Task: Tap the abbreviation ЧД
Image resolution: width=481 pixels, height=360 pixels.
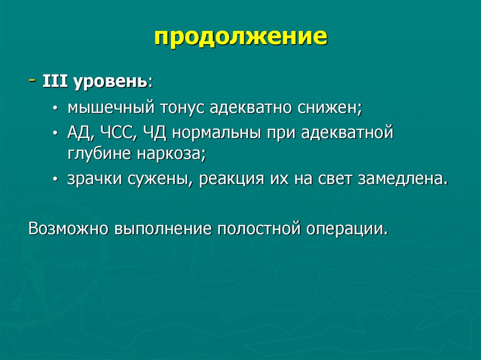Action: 155,133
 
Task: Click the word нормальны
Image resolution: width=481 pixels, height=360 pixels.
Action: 218,133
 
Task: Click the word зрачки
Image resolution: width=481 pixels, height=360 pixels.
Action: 96,179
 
